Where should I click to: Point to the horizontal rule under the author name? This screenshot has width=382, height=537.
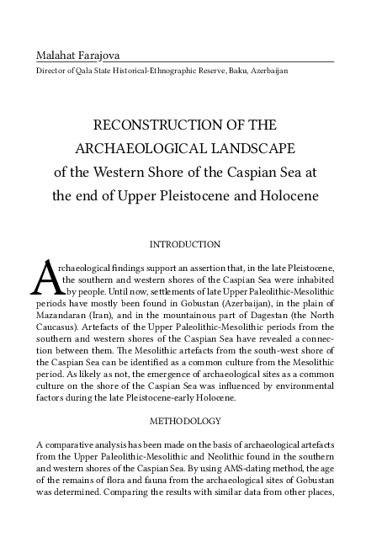[184, 63]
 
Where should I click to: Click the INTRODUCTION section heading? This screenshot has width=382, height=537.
[184, 244]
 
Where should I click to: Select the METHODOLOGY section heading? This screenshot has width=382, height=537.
[184, 418]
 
